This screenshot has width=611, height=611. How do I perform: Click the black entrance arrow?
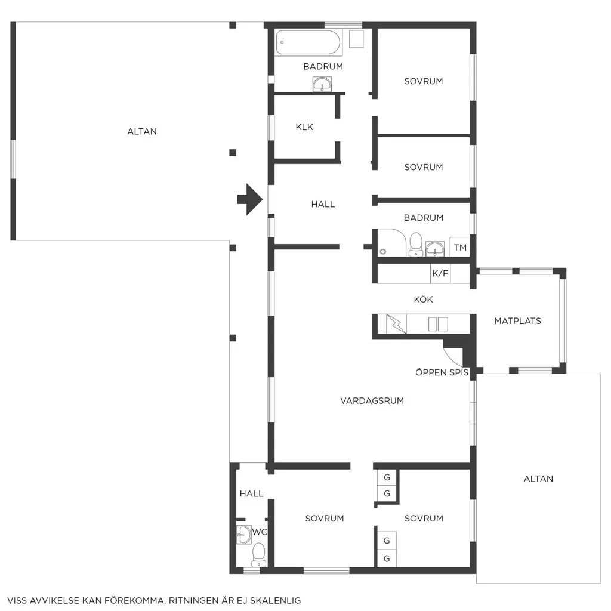[250, 199]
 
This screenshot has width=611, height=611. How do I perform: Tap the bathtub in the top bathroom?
[308, 42]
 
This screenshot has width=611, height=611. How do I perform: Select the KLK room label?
[304, 127]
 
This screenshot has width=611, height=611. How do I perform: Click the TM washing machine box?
[460, 246]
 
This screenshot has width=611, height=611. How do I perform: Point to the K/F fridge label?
[440, 273]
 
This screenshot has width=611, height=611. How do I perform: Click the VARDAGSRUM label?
[372, 400]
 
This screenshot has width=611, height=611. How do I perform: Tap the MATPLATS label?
[517, 321]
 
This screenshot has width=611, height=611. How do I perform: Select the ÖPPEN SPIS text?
[442, 372]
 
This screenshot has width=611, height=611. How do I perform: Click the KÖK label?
[423, 300]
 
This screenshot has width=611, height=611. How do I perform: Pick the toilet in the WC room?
[259, 555]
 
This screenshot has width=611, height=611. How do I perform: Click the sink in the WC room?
[244, 535]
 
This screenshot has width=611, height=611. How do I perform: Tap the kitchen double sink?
[438, 324]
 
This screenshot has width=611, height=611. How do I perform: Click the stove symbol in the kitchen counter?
[396, 324]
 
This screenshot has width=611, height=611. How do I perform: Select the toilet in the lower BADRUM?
[416, 244]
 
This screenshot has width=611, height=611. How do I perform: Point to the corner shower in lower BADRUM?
[391, 243]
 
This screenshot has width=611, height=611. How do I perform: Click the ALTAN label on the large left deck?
[142, 132]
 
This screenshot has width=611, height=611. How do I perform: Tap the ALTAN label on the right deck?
[538, 479]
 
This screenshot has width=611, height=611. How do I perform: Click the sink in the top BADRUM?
[322, 84]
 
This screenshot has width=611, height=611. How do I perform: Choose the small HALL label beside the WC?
[251, 493]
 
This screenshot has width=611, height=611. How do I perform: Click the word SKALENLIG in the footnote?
[275, 600]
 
